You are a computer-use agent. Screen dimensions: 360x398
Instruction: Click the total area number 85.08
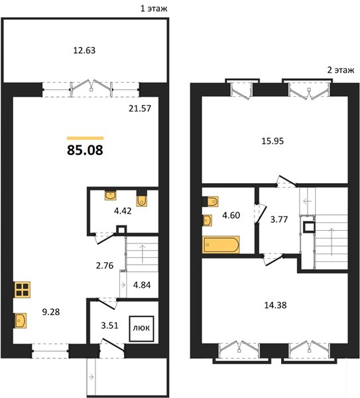pyautogui.click(x=85, y=150)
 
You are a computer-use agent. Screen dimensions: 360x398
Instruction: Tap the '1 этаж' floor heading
pyautogui.click(x=154, y=9)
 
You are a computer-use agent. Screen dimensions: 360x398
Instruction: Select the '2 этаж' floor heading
pyautogui.click(x=341, y=70)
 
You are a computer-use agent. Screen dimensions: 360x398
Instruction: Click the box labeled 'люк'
pyautogui.click(x=141, y=329)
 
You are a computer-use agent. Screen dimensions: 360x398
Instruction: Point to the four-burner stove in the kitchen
pyautogui.click(x=22, y=289)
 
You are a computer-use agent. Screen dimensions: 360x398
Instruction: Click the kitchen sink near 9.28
pyautogui.click(x=20, y=320)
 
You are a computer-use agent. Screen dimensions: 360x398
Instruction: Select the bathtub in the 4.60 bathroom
pyautogui.click(x=221, y=244)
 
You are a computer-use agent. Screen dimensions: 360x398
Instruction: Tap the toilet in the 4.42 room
pyautogui.click(x=142, y=199)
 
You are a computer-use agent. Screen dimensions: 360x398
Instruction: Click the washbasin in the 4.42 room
pyautogui.click(x=110, y=196)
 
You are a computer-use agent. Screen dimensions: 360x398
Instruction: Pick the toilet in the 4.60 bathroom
pyautogui.click(x=210, y=202)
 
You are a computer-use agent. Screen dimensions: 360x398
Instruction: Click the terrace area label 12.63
pyautogui.click(x=84, y=50)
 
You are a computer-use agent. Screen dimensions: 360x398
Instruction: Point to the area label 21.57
pyautogui.click(x=140, y=108)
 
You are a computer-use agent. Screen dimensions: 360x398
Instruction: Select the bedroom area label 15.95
pyautogui.click(x=272, y=141)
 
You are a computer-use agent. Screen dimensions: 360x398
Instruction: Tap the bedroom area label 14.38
pyautogui.click(x=275, y=305)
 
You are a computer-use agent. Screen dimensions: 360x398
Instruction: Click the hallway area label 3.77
pyautogui.click(x=279, y=220)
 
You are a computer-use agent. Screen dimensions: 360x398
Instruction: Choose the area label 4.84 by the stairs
pyautogui.click(x=142, y=285)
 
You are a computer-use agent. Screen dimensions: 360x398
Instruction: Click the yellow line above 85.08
pyautogui.click(x=86, y=139)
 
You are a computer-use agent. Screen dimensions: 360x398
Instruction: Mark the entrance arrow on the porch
pyautogui.click(x=91, y=377)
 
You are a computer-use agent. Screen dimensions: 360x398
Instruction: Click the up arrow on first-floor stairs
pyautogui.click(x=143, y=253)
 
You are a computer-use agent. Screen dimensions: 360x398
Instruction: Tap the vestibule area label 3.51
pyautogui.click(x=109, y=325)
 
